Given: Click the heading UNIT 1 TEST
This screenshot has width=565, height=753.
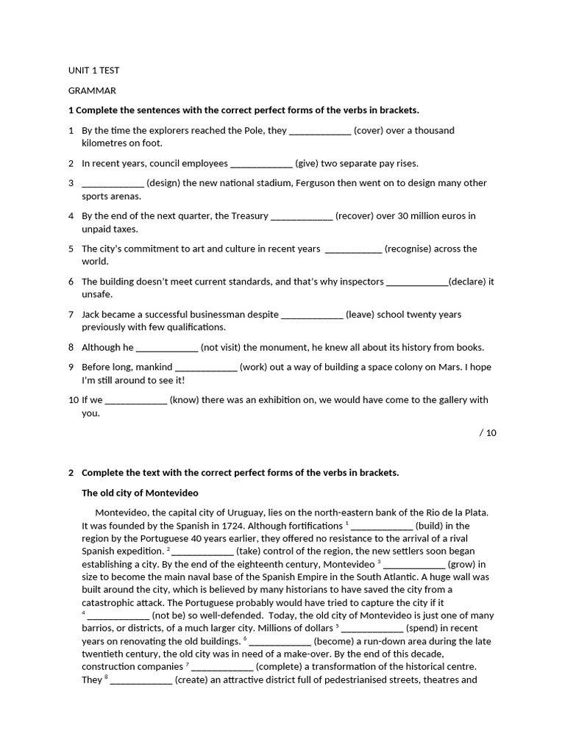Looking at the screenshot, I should [x=93, y=71].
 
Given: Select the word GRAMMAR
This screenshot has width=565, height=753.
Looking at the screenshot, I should [x=92, y=90].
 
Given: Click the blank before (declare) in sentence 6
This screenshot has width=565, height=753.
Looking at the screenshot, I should [x=416, y=282].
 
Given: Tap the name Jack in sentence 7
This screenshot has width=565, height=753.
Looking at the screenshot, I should [x=92, y=315].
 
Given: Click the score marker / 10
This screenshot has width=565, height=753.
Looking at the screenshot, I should [x=488, y=433].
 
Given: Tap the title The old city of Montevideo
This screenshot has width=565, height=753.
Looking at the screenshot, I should [x=140, y=493].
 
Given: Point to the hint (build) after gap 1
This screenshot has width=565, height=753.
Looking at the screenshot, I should [x=432, y=526].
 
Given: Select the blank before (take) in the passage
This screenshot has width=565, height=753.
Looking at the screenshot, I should [x=203, y=551].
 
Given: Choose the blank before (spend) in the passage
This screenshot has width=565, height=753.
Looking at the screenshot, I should [x=372, y=629].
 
